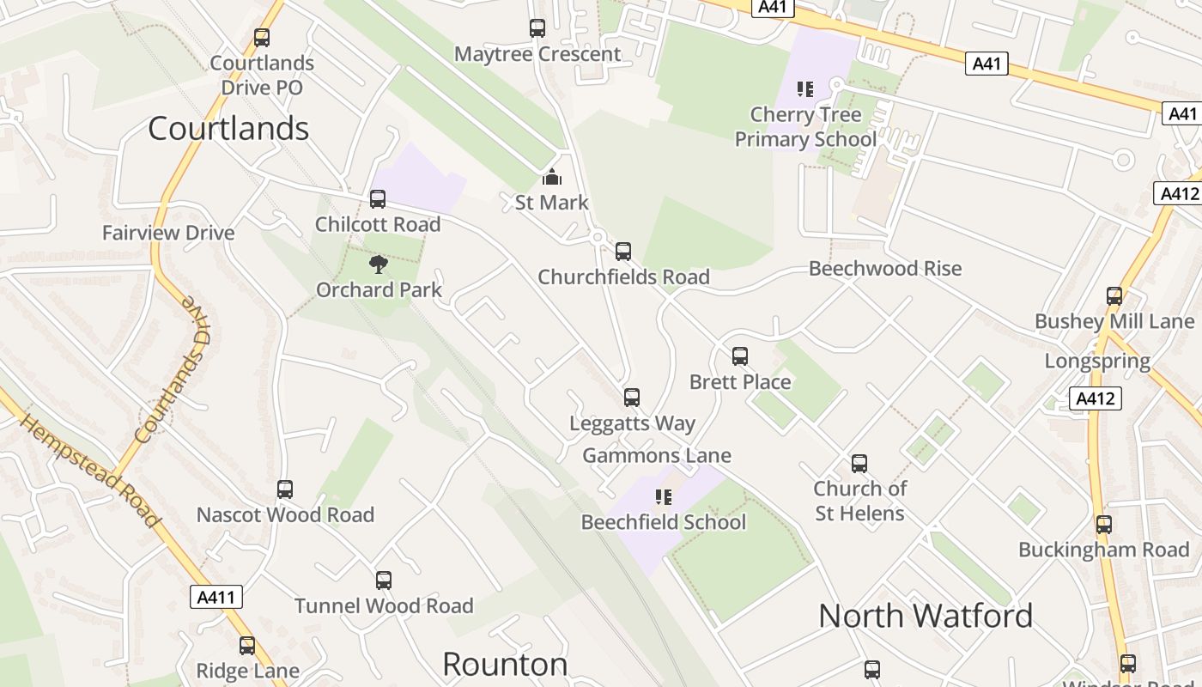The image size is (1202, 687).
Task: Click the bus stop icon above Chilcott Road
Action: tap(377, 199)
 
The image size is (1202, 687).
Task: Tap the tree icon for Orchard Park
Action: tap(378, 264)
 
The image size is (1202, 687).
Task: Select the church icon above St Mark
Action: tap(551, 178)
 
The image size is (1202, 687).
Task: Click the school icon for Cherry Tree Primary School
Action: tap(804, 88)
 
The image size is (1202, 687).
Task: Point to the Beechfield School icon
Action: tap(663, 496)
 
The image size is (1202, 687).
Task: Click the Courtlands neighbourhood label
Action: tap(228, 129)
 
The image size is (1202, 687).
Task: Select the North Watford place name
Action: tap(926, 616)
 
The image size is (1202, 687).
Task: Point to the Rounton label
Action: tap(505, 664)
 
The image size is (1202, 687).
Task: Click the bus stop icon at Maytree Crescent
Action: tap(537, 28)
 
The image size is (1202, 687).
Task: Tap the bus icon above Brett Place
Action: tap(740, 356)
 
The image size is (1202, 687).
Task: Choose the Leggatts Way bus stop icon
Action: tap(632, 398)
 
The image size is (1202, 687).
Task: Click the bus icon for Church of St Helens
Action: tap(859, 464)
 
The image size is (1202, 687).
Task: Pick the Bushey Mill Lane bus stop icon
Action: tap(1114, 296)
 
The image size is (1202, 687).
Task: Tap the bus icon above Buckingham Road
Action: tap(1104, 524)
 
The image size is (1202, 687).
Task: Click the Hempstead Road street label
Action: tap(89, 471)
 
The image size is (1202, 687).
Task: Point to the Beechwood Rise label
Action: tap(885, 269)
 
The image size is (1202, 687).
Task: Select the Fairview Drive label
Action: tap(168, 233)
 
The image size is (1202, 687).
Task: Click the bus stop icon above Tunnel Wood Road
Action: tap(384, 581)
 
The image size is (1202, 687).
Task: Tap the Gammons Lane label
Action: tap(657, 456)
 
